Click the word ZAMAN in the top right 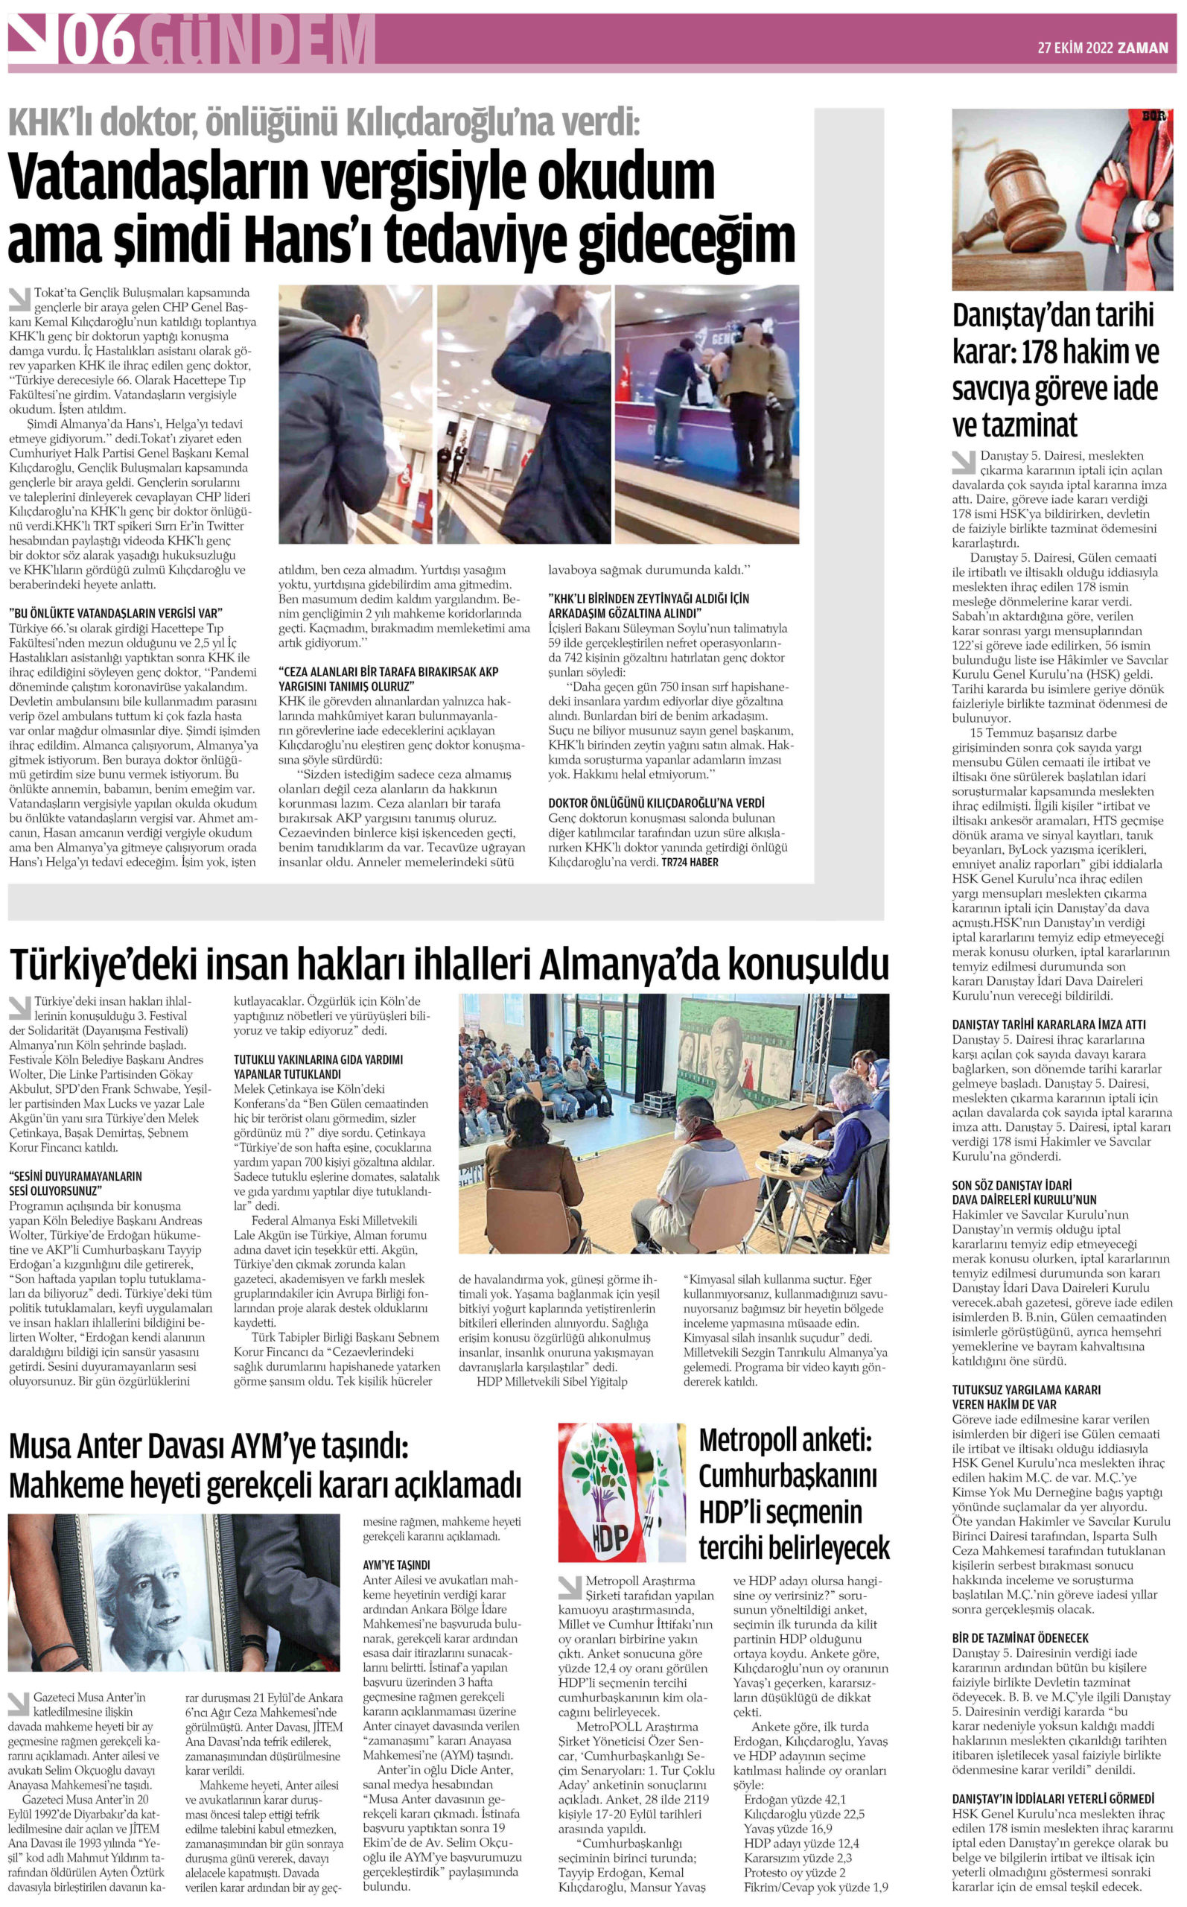(1144, 47)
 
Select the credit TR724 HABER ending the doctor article (690, 862)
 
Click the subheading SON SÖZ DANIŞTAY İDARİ (1012, 1184)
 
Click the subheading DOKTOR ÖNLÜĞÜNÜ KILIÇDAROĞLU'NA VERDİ (656, 803)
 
